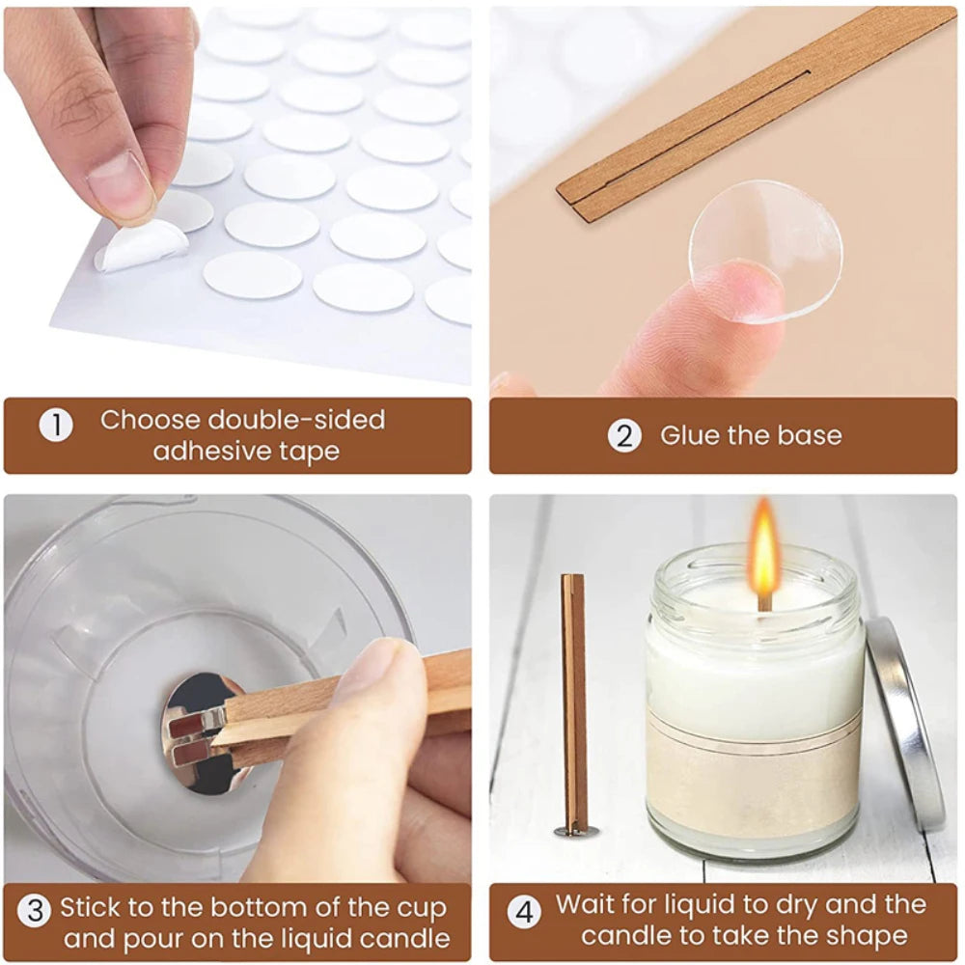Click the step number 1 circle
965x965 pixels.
tap(56, 426)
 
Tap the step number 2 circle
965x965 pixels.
tap(624, 435)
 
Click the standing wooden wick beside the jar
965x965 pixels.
tap(573, 695)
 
